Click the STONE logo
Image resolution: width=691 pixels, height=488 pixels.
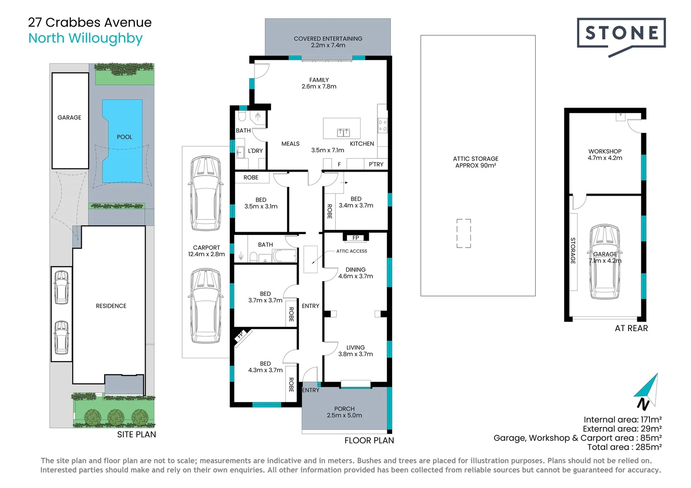coord(621,33)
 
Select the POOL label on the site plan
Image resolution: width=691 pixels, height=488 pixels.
coord(124,137)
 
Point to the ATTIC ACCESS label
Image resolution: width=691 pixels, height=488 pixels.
coord(352,251)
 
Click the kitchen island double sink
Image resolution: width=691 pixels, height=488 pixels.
coord(343,132)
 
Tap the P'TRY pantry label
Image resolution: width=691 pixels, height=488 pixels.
coord(376,164)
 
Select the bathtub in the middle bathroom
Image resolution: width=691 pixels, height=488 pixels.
coord(285,256)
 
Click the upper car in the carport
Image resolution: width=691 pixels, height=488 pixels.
coord(206,193)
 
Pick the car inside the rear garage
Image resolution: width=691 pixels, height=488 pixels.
coord(605,261)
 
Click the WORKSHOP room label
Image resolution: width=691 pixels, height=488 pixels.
coord(605,151)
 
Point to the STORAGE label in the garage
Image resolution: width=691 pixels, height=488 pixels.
coord(573,251)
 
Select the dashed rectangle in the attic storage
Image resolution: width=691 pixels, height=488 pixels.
coord(463,233)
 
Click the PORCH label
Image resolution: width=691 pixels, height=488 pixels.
coord(344,409)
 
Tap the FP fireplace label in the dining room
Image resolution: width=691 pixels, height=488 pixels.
coord(356,238)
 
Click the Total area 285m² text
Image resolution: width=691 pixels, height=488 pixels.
coord(624,447)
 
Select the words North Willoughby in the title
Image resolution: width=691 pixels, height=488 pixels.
coord(85,38)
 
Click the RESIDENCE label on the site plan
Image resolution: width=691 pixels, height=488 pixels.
coord(111,306)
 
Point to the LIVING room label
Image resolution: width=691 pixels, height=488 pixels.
coord(356,347)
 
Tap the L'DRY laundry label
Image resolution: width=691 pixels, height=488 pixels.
coord(255,151)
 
